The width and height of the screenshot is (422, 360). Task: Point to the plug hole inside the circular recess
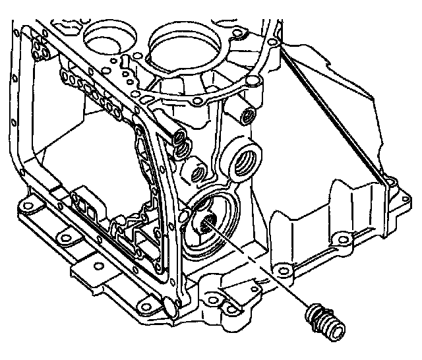(208, 223)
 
